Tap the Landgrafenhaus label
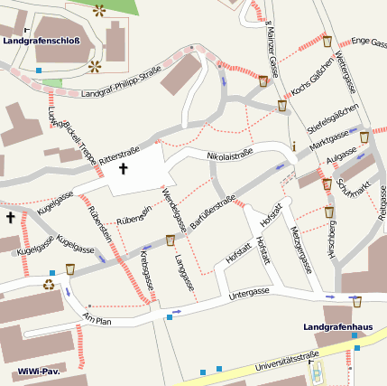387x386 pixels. point(337,326)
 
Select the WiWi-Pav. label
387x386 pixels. point(37,372)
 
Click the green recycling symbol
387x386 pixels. point(48,283)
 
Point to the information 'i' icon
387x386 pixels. point(293,146)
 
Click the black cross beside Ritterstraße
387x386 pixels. point(123,169)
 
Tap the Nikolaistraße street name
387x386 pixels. point(229,155)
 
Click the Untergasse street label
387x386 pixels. point(249,294)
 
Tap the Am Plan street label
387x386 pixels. point(97,319)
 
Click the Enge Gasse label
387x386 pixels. point(368,42)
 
